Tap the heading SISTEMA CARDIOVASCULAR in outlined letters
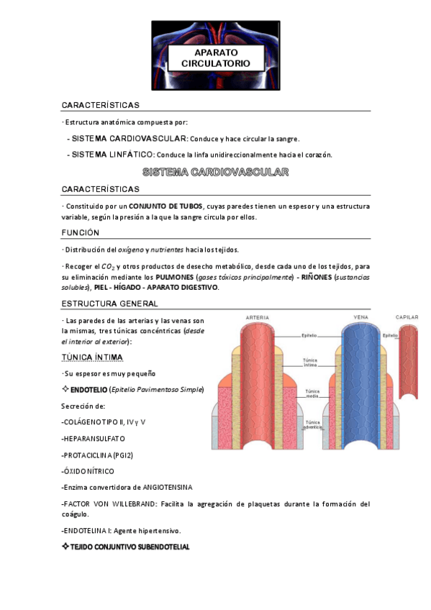pyautogui.click(x=216, y=173)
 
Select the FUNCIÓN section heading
pyautogui.click(x=81, y=232)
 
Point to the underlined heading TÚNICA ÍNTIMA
pyautogui.click(x=92, y=357)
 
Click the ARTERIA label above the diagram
pyautogui.click(x=258, y=317)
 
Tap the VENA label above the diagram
pyautogui.click(x=360, y=317)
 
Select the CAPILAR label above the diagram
pyautogui.click(x=407, y=317)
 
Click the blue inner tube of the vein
pyautogui.click(x=360, y=381)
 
